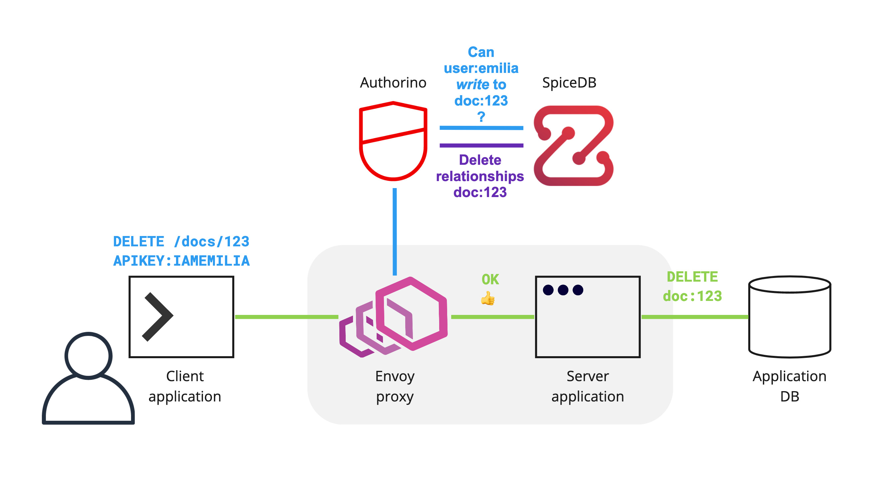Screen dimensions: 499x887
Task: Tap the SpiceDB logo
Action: point(573,145)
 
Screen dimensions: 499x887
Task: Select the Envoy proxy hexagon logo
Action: point(394,317)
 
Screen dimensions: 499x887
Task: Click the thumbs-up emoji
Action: point(487,299)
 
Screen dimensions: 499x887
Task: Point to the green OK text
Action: point(490,280)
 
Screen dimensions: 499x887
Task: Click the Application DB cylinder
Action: point(789,317)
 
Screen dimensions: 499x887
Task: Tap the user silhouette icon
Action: point(88,379)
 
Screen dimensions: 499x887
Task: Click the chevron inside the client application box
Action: point(158,317)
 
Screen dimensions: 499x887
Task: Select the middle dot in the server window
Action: point(563,290)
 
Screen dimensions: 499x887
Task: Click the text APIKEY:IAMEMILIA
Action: point(181,261)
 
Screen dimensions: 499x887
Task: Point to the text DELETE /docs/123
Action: point(181,242)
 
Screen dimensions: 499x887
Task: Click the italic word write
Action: point(472,85)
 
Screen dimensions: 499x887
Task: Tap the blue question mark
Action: point(481,117)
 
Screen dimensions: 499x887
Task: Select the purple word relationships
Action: point(480,176)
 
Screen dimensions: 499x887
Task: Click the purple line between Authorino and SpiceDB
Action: point(481,145)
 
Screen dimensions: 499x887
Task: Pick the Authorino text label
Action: point(393,83)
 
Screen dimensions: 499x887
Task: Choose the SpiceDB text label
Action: point(569,83)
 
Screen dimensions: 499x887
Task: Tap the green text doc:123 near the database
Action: point(692,296)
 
